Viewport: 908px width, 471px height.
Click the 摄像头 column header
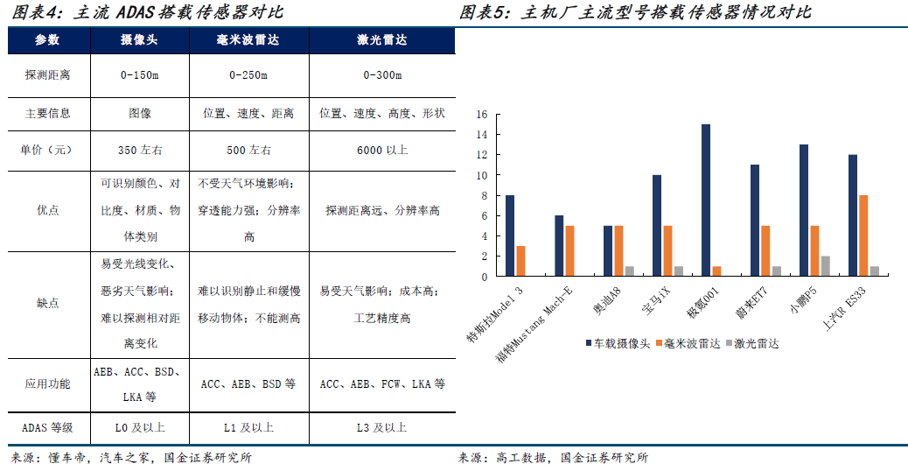click(140, 41)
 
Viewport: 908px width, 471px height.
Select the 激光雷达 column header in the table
click(382, 41)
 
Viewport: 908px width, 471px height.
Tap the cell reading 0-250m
click(248, 75)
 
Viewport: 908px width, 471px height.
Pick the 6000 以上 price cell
click(382, 150)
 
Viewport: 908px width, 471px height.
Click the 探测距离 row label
click(48, 75)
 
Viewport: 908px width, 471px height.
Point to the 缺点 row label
click(48, 303)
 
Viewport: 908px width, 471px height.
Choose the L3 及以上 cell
click(382, 427)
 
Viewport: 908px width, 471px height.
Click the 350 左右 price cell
click(140, 150)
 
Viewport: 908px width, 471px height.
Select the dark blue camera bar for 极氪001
click(706, 200)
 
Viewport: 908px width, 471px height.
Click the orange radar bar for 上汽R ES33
click(863, 235)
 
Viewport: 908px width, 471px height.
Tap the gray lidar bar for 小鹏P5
click(824, 266)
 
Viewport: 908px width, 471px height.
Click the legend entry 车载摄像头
click(619, 343)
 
